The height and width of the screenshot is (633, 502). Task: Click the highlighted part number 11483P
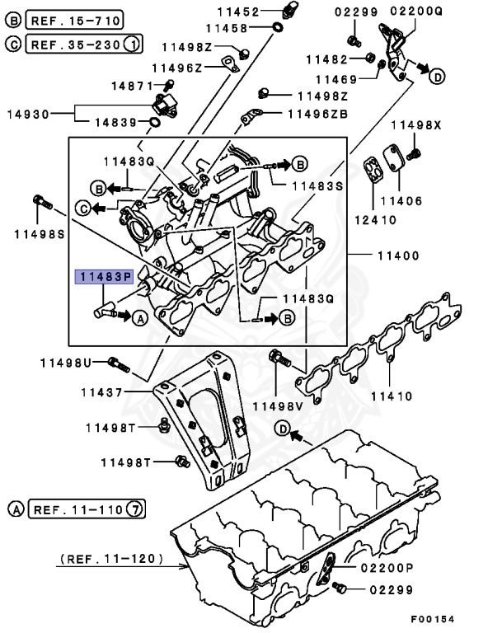pyautogui.click(x=104, y=276)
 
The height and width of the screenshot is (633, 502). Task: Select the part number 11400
pyautogui.click(x=396, y=256)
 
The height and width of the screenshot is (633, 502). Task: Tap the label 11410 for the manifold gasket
pyautogui.click(x=391, y=396)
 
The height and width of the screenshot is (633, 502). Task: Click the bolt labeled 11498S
pyautogui.click(x=42, y=199)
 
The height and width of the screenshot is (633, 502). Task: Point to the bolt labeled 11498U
pyautogui.click(x=120, y=362)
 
